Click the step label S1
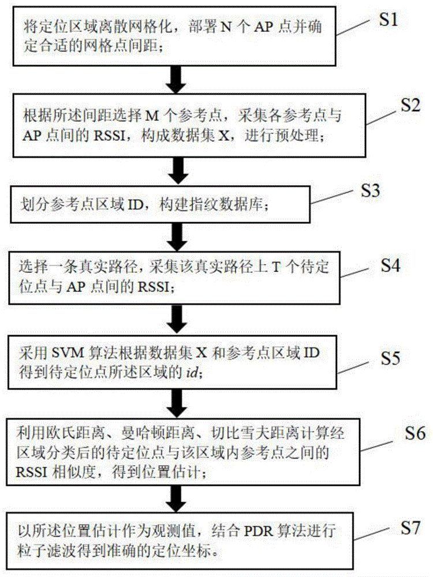tap(388, 21)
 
